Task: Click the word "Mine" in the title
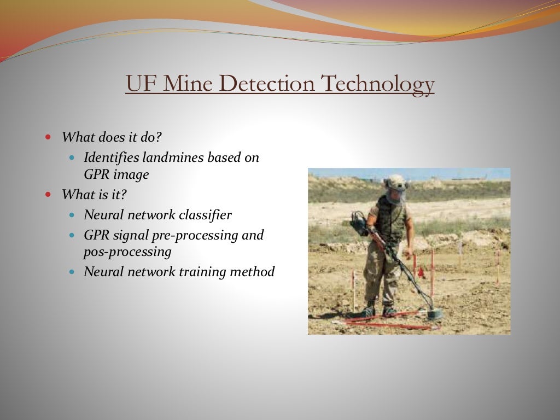click(188, 84)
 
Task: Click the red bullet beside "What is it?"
click(49, 194)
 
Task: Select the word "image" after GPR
click(131, 175)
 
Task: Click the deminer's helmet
click(395, 182)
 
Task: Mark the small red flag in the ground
click(420, 271)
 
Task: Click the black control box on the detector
click(359, 224)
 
